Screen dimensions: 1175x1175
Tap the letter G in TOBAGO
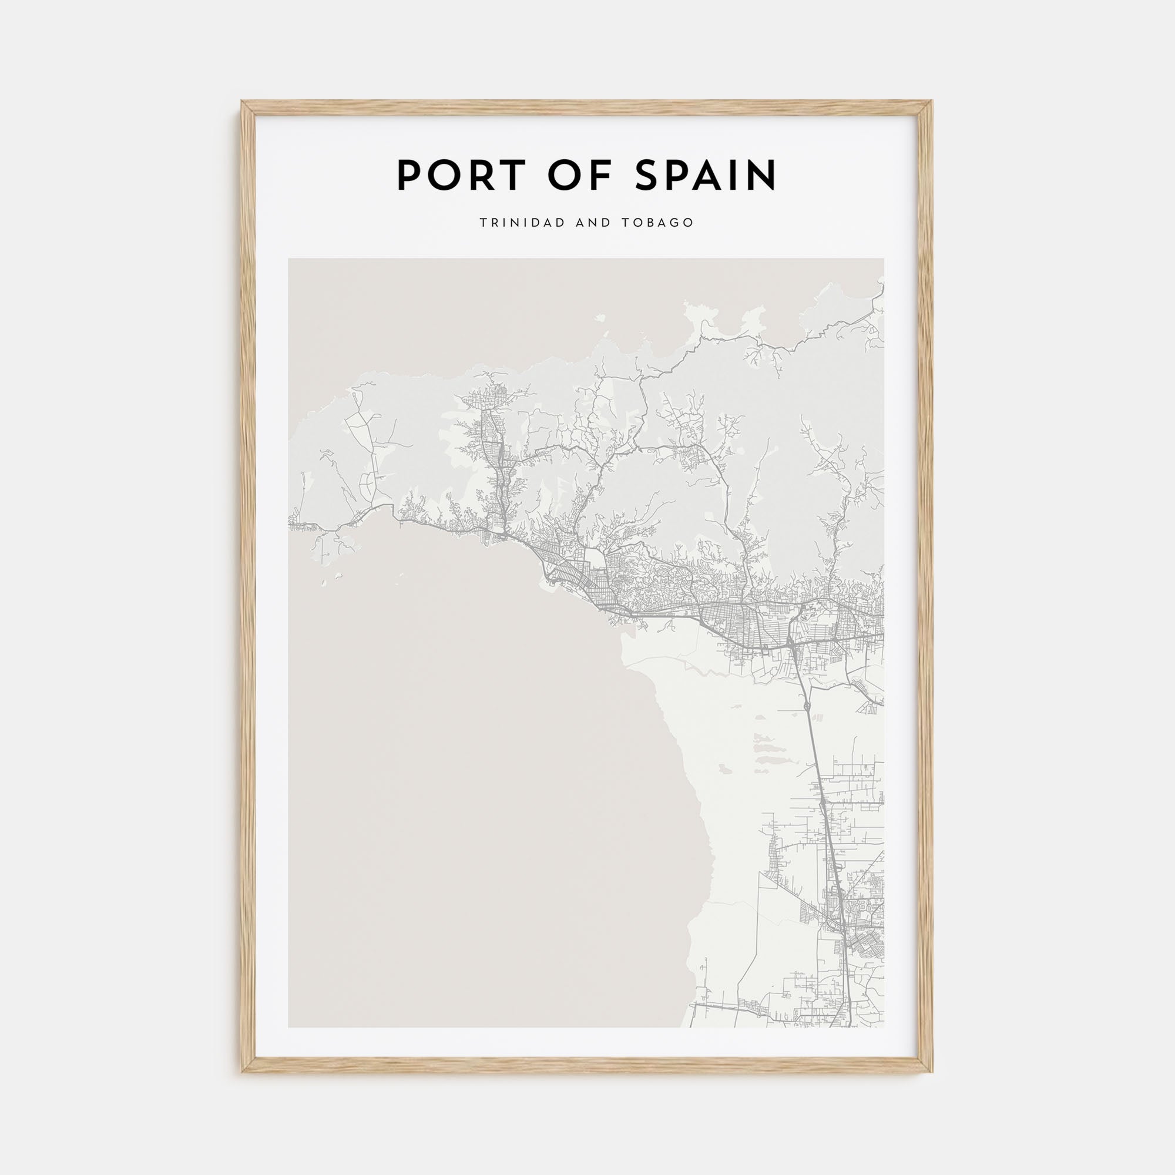click(674, 223)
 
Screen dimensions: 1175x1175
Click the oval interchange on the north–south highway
click(807, 706)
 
